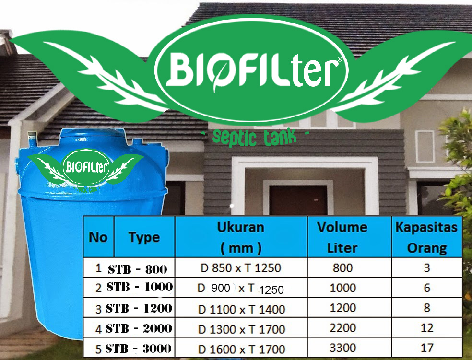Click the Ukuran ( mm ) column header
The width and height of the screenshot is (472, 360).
241,237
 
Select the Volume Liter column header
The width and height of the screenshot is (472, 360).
342,237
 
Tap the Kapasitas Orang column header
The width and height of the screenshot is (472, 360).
426,237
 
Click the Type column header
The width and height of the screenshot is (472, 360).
144,237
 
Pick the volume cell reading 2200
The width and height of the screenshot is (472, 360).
342,328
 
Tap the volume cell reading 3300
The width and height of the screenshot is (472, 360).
342,348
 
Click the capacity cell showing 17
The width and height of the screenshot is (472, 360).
427,348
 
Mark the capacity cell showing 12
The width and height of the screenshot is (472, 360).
427,328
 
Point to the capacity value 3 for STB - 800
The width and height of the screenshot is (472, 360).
427,267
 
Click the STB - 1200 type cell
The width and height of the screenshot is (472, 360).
139,309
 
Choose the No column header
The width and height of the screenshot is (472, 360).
98,237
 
